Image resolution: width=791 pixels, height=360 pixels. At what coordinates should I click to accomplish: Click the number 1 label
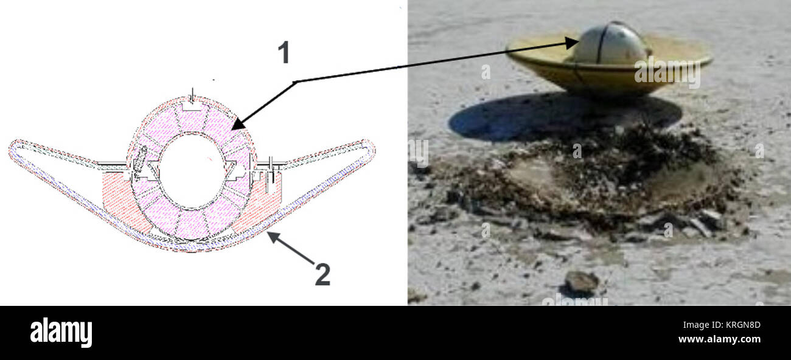click(284, 52)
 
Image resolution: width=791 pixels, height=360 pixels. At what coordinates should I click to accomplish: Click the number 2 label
click(322, 274)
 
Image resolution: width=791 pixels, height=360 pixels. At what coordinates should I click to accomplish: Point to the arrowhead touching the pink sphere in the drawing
click(238, 124)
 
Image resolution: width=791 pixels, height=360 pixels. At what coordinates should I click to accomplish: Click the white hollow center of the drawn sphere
click(192, 171)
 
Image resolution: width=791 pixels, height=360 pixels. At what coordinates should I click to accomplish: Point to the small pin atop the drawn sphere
click(192, 95)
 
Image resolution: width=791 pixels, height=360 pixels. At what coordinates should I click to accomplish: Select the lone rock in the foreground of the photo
click(581, 282)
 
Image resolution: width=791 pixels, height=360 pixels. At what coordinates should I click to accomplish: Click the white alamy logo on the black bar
click(61, 332)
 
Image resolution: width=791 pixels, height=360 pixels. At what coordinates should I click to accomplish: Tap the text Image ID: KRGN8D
click(722, 325)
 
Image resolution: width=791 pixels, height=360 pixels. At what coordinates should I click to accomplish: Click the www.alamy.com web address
click(719, 339)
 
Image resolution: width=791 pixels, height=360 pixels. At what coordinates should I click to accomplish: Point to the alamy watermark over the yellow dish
click(667, 73)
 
